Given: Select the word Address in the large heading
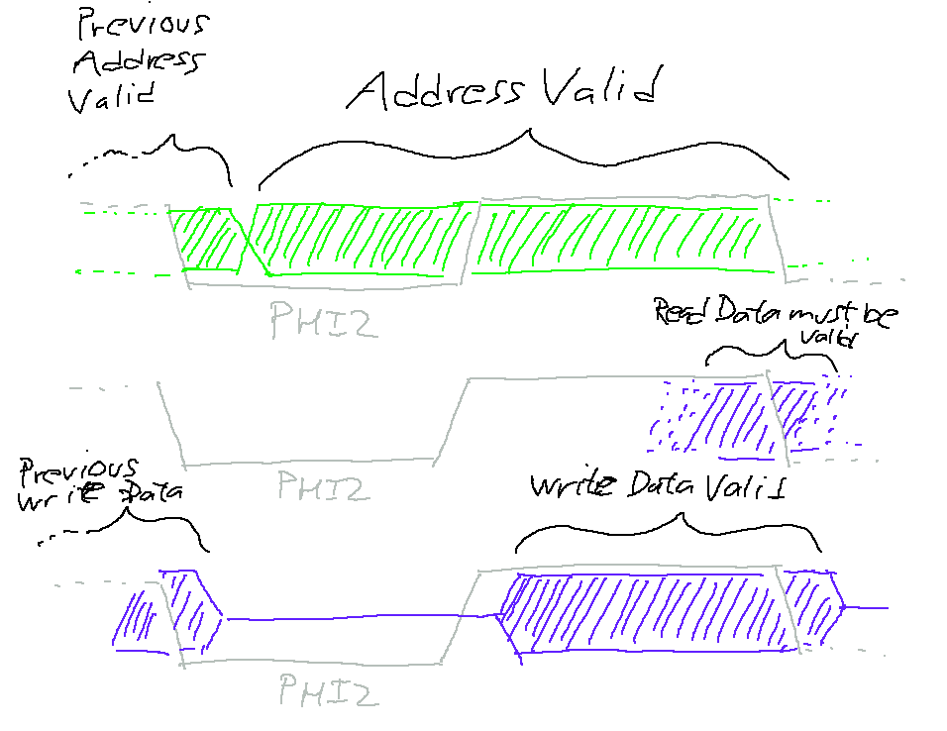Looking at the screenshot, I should [x=436, y=90].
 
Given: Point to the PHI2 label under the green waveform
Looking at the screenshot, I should [x=323, y=319].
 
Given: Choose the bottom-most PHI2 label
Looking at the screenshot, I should [x=327, y=689].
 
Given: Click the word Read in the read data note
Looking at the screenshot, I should [x=684, y=313].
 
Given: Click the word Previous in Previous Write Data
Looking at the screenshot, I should [x=79, y=470].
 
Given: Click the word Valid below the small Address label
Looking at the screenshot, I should [x=113, y=97].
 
